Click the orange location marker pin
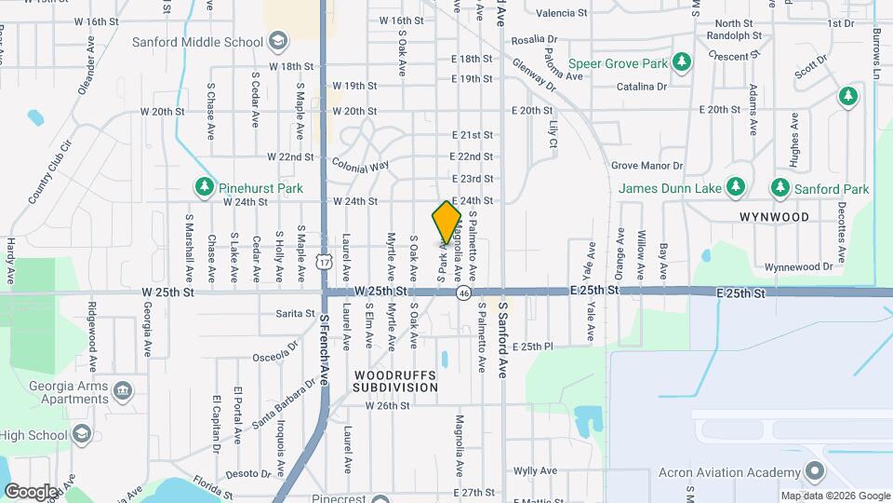click(x=446, y=223)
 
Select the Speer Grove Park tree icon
click(x=684, y=63)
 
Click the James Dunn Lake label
click(x=670, y=189)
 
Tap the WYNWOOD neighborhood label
click(x=774, y=216)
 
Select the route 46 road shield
click(x=462, y=292)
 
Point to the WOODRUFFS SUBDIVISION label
click(x=394, y=380)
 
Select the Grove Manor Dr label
click(x=647, y=166)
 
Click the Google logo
click(x=31, y=490)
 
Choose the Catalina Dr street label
click(x=642, y=87)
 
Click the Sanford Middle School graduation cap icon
click(x=276, y=41)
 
